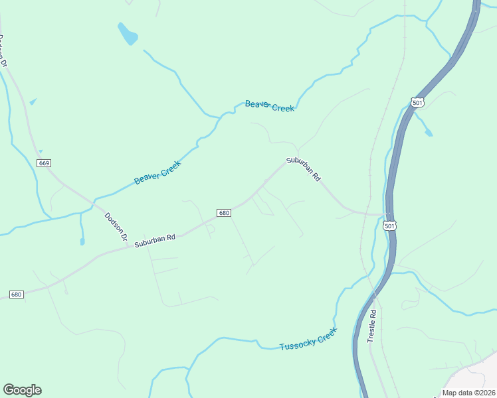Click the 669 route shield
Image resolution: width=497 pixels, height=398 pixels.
45,163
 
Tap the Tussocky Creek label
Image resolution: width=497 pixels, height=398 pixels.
308,342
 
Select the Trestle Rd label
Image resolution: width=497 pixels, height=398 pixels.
372,326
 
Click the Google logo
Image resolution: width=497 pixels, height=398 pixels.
22,390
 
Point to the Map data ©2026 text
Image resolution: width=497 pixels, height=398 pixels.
469,393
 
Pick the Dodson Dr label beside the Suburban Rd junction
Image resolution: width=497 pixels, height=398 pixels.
116,226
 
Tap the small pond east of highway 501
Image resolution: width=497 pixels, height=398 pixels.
429,133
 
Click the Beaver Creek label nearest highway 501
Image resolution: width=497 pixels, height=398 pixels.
269,105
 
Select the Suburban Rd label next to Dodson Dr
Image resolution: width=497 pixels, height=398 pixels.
154,239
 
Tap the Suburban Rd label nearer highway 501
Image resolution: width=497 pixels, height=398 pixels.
304,169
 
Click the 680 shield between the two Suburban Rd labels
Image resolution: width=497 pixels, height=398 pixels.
224,213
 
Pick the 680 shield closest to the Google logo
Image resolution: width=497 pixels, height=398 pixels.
17,294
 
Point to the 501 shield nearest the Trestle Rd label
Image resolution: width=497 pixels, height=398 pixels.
390,226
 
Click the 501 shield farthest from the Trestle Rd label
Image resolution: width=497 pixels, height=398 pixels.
417,102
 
